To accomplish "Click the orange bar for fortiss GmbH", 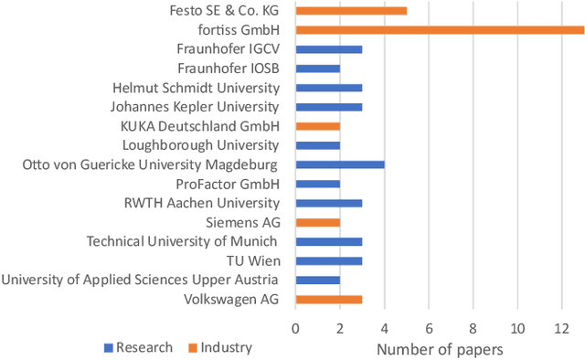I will tap(440, 30).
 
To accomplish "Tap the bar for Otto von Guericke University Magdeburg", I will tap(340, 164).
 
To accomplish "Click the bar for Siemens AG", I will tap(318, 222).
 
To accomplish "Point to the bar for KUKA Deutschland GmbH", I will tap(318, 126).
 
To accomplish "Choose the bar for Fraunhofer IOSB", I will tap(318, 69).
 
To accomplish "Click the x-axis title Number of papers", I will tap(439, 348).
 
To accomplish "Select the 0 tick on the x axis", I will tap(296, 326).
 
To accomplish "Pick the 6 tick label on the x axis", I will tap(429, 326).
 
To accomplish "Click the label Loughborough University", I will tap(200, 145).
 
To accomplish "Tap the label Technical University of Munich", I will tap(182, 241).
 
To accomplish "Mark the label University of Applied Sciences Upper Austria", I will tap(140, 280).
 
